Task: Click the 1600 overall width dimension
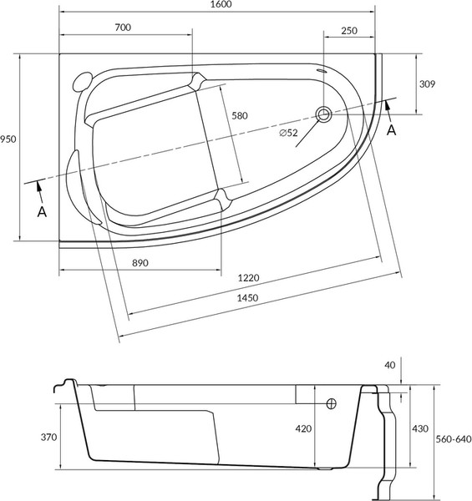pyautogui.click(x=221, y=5)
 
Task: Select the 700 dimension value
pyautogui.click(x=123, y=28)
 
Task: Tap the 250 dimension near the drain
pyautogui.click(x=349, y=31)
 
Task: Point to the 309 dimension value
pyautogui.click(x=427, y=84)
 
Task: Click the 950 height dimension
pyautogui.click(x=8, y=139)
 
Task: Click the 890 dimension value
pyautogui.click(x=140, y=263)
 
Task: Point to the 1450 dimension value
pyautogui.click(x=248, y=298)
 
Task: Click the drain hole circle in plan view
pyautogui.click(x=323, y=114)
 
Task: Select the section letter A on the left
pyautogui.click(x=41, y=211)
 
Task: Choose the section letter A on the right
pyautogui.click(x=392, y=129)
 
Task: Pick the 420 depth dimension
pyautogui.click(x=302, y=428)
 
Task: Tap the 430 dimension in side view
pyautogui.click(x=422, y=428)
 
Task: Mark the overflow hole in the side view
pyautogui.click(x=331, y=403)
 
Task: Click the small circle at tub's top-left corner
pyautogui.click(x=80, y=82)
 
